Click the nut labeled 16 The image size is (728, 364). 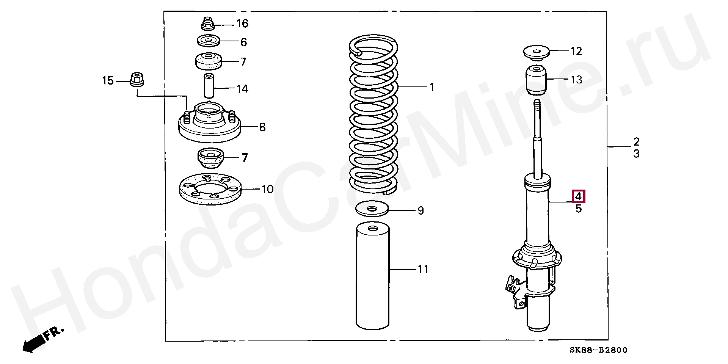pyautogui.click(x=207, y=24)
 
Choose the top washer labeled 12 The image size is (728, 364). pyautogui.click(x=537, y=52)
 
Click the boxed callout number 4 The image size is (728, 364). pyautogui.click(x=578, y=196)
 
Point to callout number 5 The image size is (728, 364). pyautogui.click(x=579, y=209)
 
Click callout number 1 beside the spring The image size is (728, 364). pyautogui.click(x=431, y=87)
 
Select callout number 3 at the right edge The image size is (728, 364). pyautogui.click(x=636, y=154)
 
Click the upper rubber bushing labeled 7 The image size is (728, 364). pyautogui.click(x=208, y=61)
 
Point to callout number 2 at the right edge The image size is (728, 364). pyautogui.click(x=636, y=142)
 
